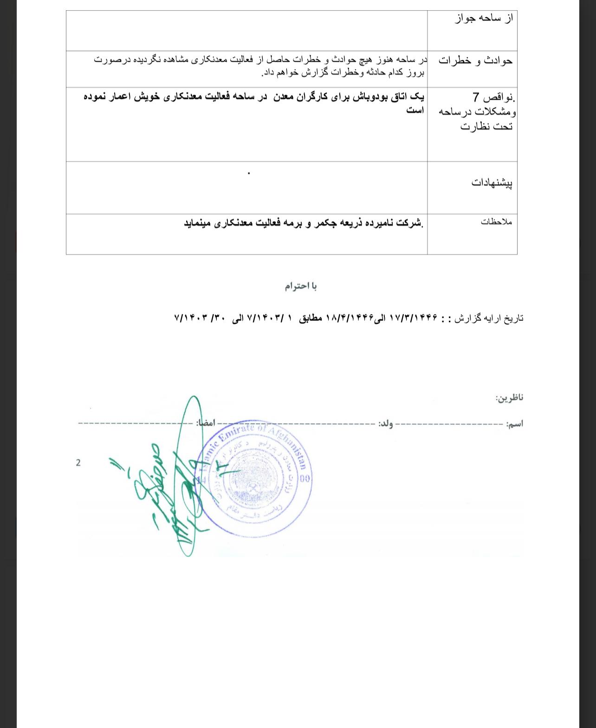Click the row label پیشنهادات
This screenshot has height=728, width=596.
pyautogui.click(x=492, y=183)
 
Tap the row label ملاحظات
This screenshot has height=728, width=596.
pyautogui.click(x=496, y=222)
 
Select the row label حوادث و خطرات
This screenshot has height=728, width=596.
pyautogui.click(x=475, y=61)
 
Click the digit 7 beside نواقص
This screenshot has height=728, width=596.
pyautogui.click(x=476, y=97)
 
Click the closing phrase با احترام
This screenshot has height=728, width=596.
pyautogui.click(x=301, y=286)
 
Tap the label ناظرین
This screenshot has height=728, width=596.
pyautogui.click(x=509, y=398)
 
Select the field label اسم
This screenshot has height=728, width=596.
pyautogui.click(x=515, y=424)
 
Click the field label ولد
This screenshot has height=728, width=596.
pyautogui.click(x=385, y=424)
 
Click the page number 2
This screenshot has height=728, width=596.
pyautogui.click(x=78, y=463)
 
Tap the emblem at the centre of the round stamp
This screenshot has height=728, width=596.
pyautogui.click(x=254, y=487)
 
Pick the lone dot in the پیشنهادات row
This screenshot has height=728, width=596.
pyautogui.click(x=249, y=173)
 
